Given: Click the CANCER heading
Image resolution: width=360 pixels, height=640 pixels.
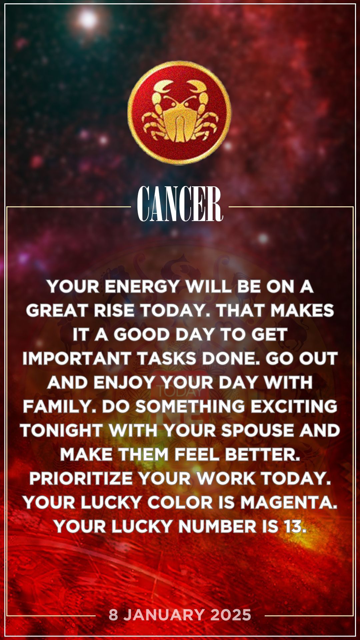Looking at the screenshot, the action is (180, 204).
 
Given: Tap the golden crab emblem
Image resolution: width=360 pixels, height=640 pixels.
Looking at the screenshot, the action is (179, 112).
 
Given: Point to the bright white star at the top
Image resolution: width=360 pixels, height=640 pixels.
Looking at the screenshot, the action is (88, 19).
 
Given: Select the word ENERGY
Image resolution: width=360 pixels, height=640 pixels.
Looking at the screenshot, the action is (142, 287).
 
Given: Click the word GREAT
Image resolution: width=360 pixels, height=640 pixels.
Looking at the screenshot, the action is (57, 311).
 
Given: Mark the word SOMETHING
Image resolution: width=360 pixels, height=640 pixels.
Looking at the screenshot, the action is (190, 407).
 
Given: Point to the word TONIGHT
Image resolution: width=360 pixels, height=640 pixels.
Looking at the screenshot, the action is (62, 431).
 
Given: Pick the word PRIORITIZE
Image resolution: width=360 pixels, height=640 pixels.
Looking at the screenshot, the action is (81, 479).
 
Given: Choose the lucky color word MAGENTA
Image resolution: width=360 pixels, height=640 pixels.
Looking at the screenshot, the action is (289, 503).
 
